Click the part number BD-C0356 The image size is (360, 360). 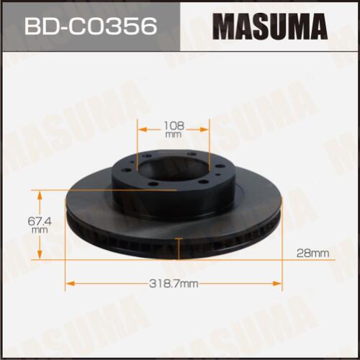click(91, 26)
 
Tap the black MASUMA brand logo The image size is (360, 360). click(270, 27)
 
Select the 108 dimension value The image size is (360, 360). click(174, 125)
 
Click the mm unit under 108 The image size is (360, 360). click(174, 135)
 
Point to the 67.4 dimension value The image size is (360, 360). click(40, 221)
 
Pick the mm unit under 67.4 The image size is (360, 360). click(40, 230)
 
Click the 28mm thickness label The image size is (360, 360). click(312, 253)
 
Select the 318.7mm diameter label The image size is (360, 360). click(174, 284)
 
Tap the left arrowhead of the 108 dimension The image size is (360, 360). click(143, 130)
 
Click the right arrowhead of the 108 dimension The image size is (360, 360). click(204, 130)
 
